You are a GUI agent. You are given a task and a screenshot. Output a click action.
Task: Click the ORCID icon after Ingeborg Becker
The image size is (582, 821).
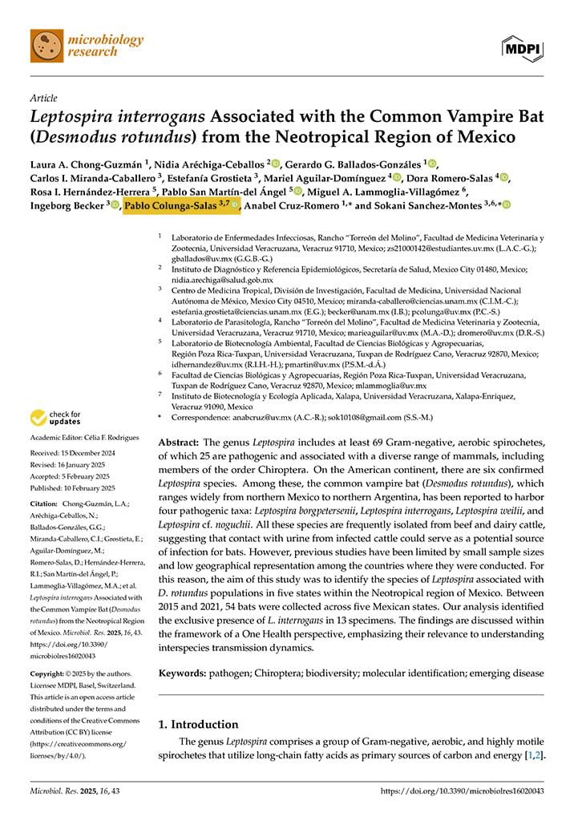(x=115, y=206)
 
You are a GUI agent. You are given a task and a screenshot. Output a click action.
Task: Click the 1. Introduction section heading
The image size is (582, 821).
(x=198, y=724)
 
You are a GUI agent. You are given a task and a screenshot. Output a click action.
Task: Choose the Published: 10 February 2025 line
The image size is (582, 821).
(x=72, y=488)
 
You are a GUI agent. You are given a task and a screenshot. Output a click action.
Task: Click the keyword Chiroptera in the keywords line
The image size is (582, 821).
(x=297, y=673)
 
